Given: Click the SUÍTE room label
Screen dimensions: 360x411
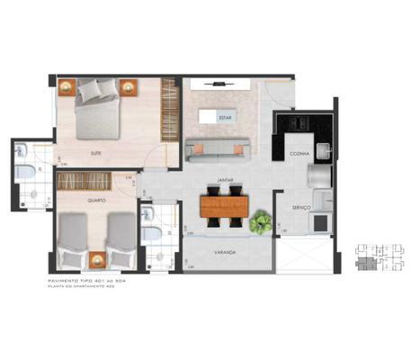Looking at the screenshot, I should pyautogui.click(x=95, y=153).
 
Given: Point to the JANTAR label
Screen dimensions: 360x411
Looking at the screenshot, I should pyautogui.click(x=223, y=180).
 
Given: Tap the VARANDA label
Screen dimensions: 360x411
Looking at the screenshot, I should pyautogui.click(x=224, y=253).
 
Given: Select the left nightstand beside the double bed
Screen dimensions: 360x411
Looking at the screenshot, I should pyautogui.click(x=67, y=87).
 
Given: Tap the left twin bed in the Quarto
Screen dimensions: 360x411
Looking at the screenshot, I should pyautogui.click(x=73, y=238).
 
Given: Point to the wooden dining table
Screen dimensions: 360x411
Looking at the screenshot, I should pyautogui.click(x=224, y=208).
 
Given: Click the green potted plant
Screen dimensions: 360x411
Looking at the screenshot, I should pyautogui.click(x=262, y=220).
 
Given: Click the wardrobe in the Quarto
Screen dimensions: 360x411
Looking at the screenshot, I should pyautogui.click(x=96, y=181).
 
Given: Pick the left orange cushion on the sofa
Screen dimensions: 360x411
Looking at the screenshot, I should pyautogui.click(x=197, y=145).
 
